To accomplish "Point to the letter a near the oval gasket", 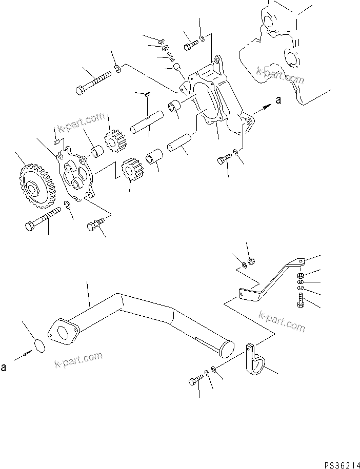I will [x=4, y=368].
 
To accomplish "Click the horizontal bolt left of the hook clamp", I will [x=195, y=380].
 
